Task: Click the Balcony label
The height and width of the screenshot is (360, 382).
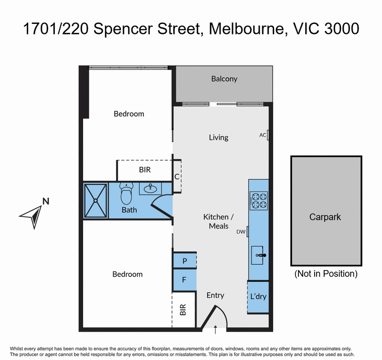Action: (224, 79)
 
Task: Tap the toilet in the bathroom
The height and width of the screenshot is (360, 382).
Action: (126, 194)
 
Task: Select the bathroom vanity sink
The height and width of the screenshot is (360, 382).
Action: (150, 188)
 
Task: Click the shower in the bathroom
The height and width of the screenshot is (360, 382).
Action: (95, 200)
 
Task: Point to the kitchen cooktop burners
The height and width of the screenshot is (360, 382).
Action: (259, 201)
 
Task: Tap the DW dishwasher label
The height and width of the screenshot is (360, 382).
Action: (241, 232)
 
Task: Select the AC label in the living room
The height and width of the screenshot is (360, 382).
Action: (262, 135)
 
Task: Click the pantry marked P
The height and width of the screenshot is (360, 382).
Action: (184, 261)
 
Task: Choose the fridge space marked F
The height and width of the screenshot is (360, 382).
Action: (184, 280)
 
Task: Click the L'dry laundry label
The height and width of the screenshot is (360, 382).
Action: (258, 296)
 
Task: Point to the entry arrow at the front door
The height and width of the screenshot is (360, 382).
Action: (215, 329)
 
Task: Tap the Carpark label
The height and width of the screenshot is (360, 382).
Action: (325, 217)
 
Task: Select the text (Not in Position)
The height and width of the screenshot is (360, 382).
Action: (326, 273)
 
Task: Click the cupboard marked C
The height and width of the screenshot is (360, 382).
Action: (177, 176)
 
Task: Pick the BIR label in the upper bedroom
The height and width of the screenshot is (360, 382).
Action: (145, 170)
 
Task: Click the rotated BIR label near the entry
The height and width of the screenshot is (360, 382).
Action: (183, 309)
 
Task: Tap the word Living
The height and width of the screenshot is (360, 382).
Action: (219, 138)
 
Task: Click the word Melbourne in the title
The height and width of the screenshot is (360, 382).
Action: (246, 29)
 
